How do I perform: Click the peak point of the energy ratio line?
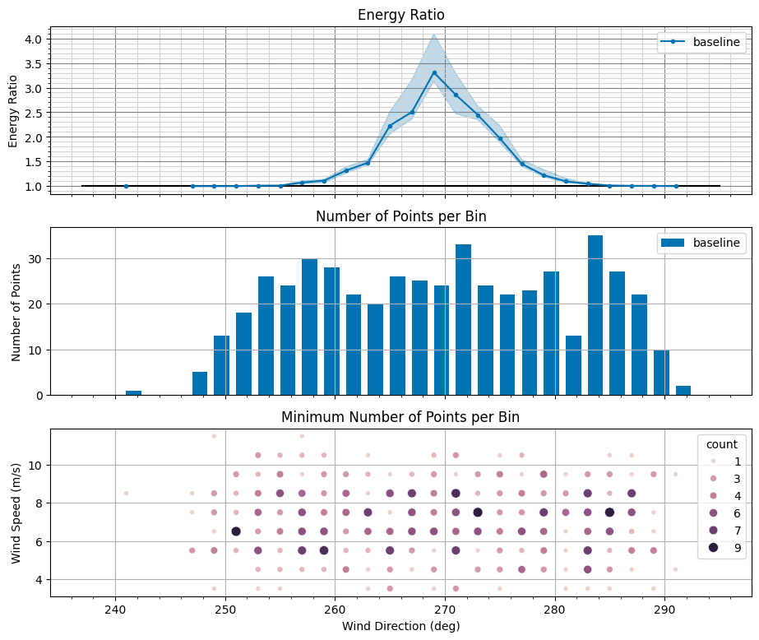pyautogui.click(x=434, y=72)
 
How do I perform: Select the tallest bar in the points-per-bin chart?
pyautogui.click(x=595, y=315)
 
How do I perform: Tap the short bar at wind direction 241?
pyautogui.click(x=133, y=392)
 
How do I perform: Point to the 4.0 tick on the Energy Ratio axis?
pyautogui.click(x=35, y=39)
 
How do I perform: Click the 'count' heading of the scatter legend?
pyautogui.click(x=722, y=444)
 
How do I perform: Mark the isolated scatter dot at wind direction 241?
pyautogui.click(x=126, y=494)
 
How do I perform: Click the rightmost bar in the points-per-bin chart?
pyautogui.click(x=683, y=390)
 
